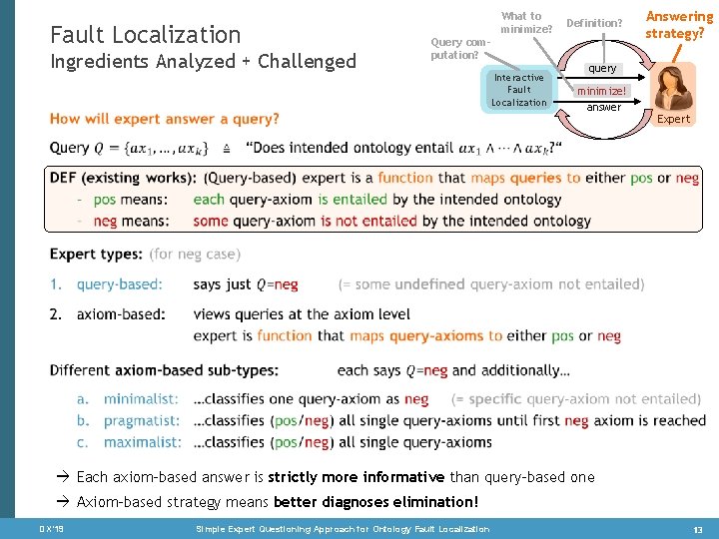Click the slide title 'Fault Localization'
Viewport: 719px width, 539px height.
145,35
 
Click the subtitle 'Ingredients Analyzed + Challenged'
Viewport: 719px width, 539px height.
202,61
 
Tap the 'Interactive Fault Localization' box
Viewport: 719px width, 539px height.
518,90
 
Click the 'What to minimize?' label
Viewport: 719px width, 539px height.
526,22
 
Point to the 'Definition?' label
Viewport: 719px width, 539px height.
594,23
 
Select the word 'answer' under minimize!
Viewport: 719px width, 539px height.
603,107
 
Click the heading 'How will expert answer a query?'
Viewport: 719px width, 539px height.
165,119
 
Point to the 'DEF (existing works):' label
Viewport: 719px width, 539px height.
123,178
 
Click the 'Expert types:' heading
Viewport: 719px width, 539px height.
96,255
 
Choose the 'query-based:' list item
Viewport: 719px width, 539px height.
119,284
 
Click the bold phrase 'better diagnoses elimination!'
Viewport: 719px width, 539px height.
375,502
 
